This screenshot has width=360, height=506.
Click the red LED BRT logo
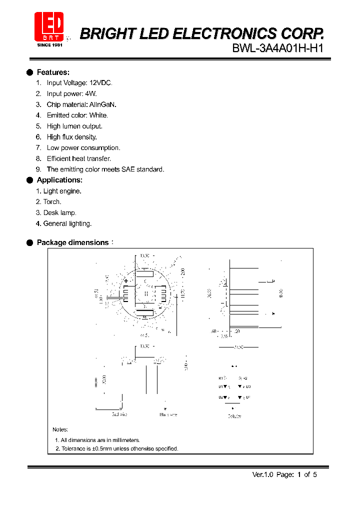49,26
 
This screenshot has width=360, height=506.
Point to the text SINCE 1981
49,44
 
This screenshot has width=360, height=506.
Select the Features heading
53,72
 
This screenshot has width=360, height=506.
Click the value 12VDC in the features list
101,83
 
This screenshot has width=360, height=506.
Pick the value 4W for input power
90,93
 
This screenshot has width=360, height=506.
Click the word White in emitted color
98,115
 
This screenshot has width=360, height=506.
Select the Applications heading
59,180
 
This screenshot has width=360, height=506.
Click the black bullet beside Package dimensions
29,242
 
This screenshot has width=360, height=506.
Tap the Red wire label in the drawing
119,414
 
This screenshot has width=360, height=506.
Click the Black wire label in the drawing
168,414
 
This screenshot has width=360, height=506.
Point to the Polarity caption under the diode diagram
234,416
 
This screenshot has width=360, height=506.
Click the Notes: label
60,429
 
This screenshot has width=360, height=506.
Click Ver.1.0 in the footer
261,474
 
